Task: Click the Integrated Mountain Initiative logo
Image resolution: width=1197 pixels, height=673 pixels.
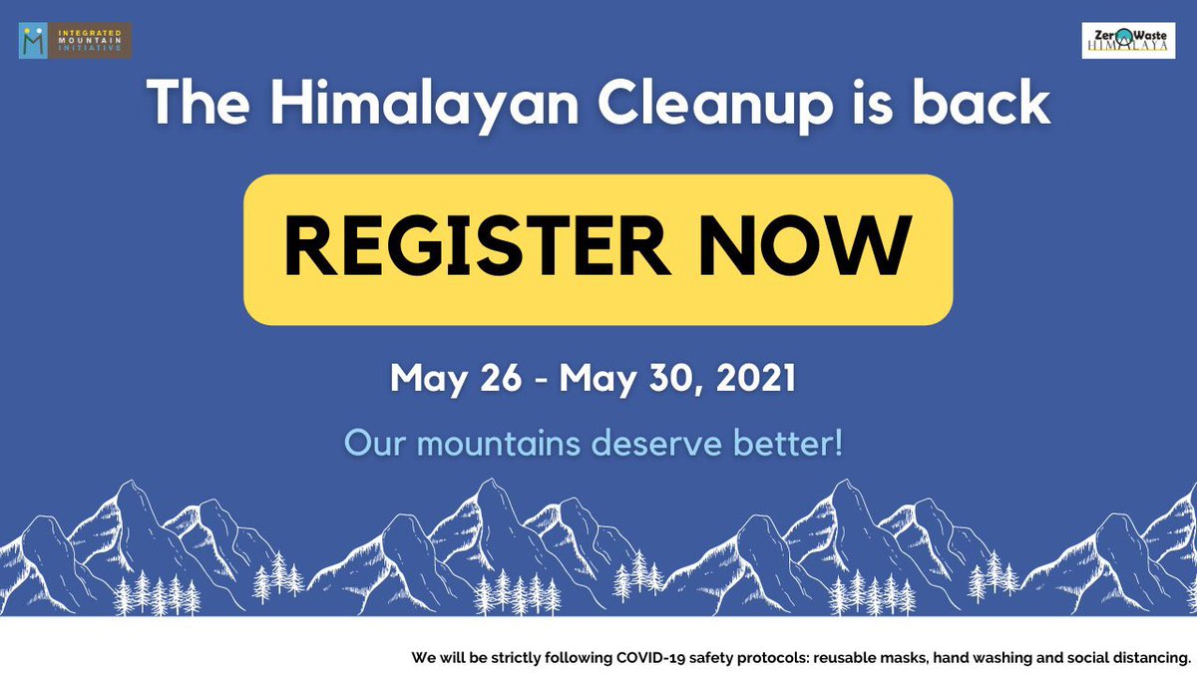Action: (x=75, y=40)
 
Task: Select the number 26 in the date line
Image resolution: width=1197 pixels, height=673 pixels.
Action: (x=500, y=379)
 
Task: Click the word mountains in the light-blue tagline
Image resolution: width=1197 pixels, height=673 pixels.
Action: (x=499, y=442)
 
